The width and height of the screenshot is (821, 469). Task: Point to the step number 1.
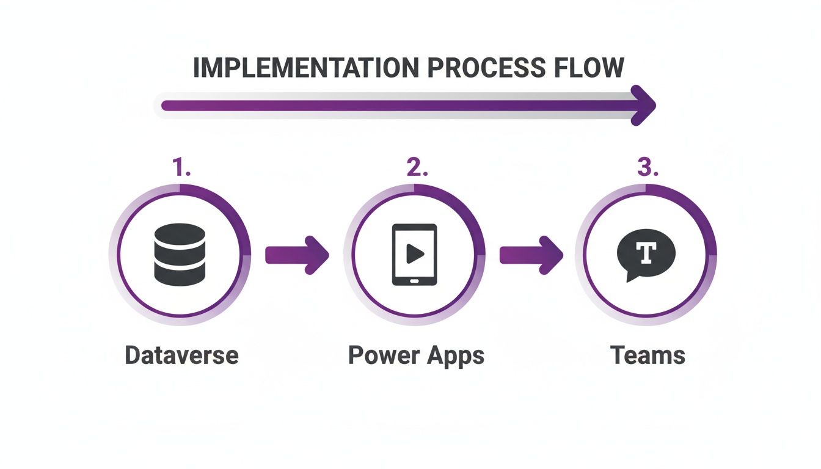point(180,167)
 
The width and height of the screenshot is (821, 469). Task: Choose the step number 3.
point(648,167)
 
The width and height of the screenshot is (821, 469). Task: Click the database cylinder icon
point(180,254)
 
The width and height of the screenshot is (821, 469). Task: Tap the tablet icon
point(414,254)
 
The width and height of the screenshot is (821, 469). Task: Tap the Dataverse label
point(181,355)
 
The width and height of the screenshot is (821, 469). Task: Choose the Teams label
point(648,355)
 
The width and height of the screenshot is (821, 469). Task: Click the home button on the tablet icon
point(414,281)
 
